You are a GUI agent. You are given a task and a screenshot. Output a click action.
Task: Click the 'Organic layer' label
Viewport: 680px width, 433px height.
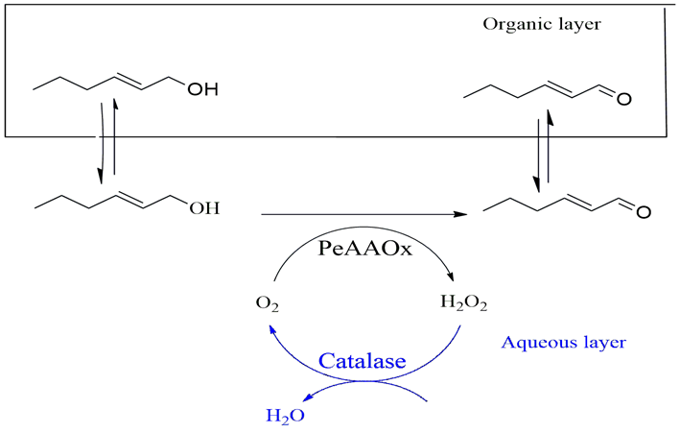coord(541,23)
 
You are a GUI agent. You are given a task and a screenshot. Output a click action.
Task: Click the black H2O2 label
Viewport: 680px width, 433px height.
coord(463,304)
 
